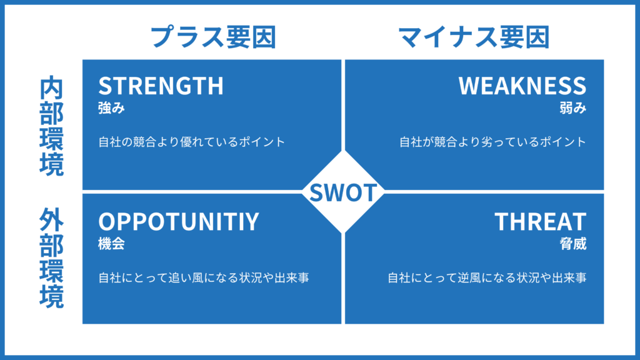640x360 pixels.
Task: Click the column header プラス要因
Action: click(x=213, y=38)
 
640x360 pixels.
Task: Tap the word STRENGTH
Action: click(x=161, y=86)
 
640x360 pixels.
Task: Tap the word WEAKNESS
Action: click(x=522, y=86)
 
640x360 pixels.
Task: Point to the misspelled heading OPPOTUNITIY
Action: click(x=178, y=222)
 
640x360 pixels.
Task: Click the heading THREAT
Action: click(x=541, y=222)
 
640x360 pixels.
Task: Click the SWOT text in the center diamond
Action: click(x=343, y=192)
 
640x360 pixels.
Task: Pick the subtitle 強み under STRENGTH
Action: click(x=111, y=108)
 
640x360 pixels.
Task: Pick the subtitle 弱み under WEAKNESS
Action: click(x=573, y=108)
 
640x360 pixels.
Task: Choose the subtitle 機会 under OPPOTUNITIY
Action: click(x=111, y=244)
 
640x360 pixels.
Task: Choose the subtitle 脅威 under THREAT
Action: click(x=573, y=244)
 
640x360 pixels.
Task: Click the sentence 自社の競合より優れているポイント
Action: click(x=191, y=142)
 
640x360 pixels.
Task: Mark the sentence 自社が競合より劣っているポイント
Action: click(x=492, y=142)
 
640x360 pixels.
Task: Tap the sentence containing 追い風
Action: click(x=204, y=277)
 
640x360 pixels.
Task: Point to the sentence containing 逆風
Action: click(x=486, y=277)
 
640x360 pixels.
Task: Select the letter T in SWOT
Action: click(x=371, y=192)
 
